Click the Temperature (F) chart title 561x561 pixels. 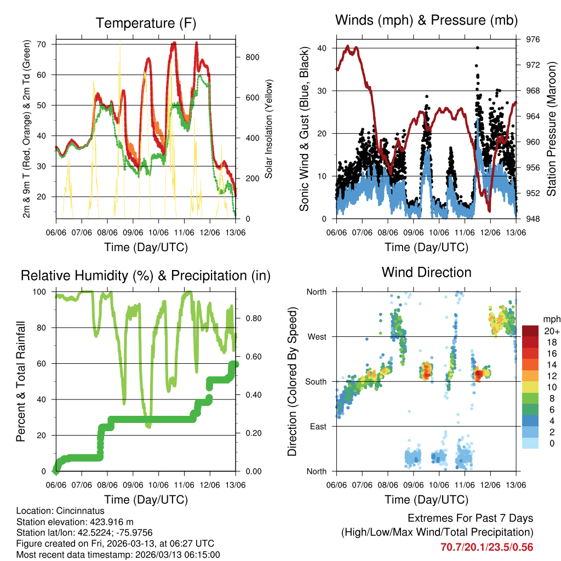click(146, 23)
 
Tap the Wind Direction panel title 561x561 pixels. click(426, 272)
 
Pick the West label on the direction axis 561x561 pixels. click(316, 336)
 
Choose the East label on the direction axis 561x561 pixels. click(317, 426)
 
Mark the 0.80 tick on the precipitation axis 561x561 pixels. click(249, 318)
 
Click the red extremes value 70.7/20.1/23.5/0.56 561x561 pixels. click(486, 547)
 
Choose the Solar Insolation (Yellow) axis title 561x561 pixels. click(269, 129)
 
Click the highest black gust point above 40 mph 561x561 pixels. click(478, 48)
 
